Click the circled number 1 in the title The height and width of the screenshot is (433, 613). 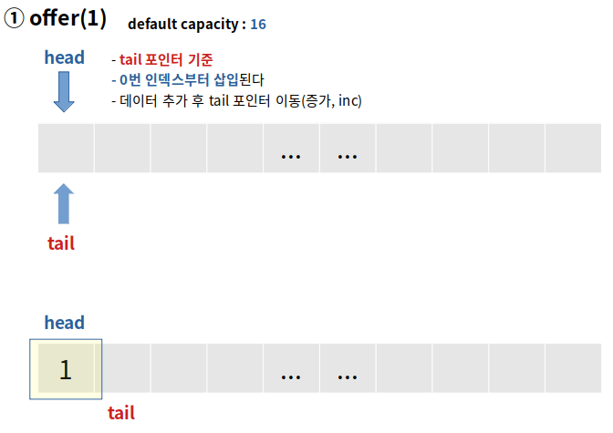click(x=15, y=19)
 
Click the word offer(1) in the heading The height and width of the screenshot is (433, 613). click(x=68, y=19)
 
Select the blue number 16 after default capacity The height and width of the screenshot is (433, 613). click(x=258, y=24)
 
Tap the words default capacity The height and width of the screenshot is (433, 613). click(x=186, y=24)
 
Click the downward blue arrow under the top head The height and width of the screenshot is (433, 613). click(x=64, y=92)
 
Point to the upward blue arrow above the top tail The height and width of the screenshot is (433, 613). click(x=64, y=203)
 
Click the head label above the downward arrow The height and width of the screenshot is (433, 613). click(x=64, y=57)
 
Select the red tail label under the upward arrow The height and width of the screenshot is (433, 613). click(x=61, y=243)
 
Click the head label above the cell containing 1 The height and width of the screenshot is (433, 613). click(x=64, y=322)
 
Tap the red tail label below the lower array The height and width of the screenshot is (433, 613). click(x=121, y=413)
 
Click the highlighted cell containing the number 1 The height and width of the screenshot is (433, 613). click(x=65, y=369)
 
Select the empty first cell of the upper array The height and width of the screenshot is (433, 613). click(x=65, y=148)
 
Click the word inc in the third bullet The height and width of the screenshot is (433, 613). click(x=348, y=100)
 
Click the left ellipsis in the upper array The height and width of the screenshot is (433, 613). click(x=290, y=153)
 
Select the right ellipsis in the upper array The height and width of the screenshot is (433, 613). click(x=347, y=153)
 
